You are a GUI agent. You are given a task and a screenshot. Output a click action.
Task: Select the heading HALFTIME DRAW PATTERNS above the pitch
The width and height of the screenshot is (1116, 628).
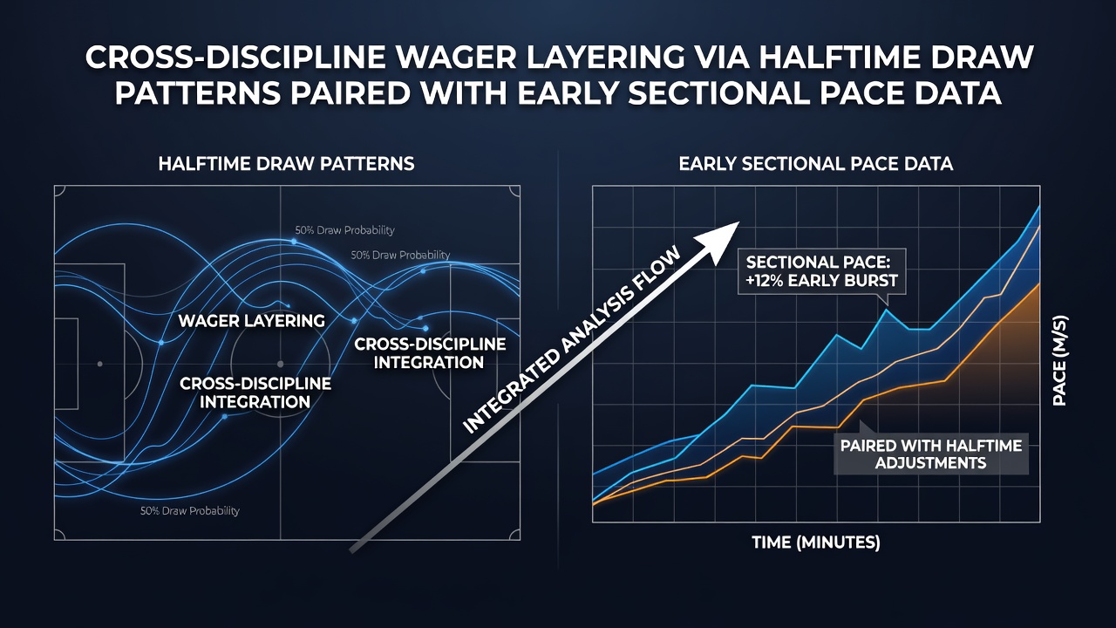[287, 164]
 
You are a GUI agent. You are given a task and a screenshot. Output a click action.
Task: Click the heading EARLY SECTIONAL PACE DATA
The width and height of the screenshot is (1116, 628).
[816, 164]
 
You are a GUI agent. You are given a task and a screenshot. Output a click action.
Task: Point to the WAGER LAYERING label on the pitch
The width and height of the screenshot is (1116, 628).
[252, 320]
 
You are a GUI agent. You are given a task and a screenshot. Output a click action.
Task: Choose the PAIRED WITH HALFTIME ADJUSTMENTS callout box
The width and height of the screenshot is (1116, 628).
[930, 454]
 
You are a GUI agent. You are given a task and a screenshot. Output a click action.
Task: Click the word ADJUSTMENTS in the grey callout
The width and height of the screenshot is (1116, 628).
[930, 463]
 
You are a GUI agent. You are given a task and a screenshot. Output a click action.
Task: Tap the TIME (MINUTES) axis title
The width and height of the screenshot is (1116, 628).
[816, 543]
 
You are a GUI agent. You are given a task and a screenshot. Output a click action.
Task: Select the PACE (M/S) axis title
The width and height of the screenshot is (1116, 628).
[1059, 360]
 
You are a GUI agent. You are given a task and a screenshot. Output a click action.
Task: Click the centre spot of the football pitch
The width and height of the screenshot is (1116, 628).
[280, 365]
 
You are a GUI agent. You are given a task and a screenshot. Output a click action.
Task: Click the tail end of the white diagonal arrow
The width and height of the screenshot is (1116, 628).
[352, 550]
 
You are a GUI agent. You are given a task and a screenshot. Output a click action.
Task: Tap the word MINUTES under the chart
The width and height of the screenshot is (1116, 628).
[839, 543]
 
